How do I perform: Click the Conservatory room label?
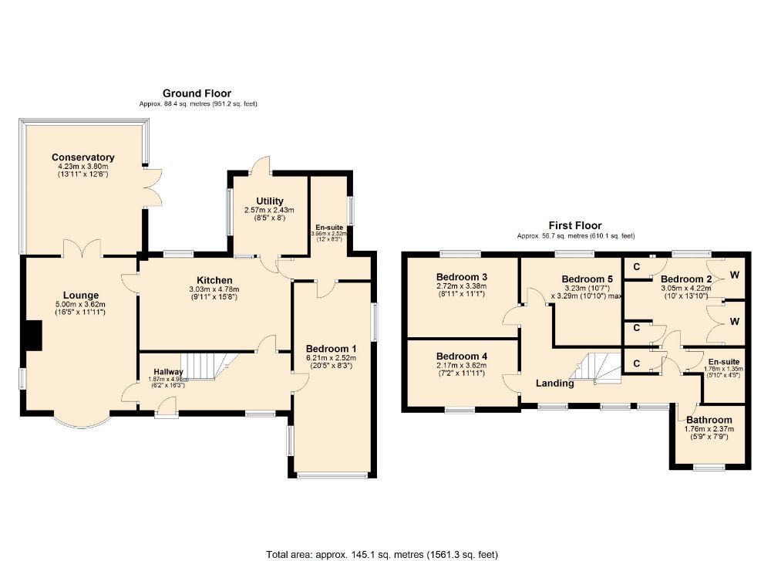[x=83, y=157]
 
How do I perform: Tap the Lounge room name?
[x=81, y=295]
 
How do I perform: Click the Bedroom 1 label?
[x=331, y=348]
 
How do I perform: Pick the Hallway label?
[x=167, y=372]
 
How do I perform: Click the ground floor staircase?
[x=204, y=366]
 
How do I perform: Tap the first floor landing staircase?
[x=599, y=368]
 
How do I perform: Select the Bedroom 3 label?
[x=462, y=277]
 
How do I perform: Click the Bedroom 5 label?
[x=587, y=279]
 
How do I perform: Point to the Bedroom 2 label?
[x=685, y=279]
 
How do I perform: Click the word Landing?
[x=555, y=383]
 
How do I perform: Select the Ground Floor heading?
[x=197, y=93]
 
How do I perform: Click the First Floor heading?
[x=574, y=226]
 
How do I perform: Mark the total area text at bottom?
[x=382, y=554]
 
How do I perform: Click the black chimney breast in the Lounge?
[x=32, y=336]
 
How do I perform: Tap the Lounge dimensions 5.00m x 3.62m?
[x=81, y=305]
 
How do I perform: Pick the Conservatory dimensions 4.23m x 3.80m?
[x=83, y=167]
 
